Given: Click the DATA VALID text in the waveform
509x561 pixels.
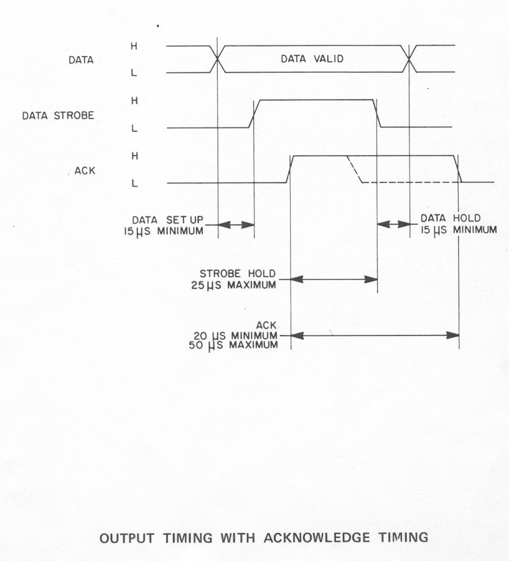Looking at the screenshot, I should [312, 59].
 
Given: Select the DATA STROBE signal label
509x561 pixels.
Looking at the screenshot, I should [58, 116].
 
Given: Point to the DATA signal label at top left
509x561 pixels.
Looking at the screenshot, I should [81, 60].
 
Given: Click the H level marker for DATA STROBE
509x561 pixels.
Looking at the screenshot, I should [134, 101].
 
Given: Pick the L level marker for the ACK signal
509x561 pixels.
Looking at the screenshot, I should [134, 183].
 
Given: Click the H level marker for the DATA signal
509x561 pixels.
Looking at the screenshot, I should [134, 46].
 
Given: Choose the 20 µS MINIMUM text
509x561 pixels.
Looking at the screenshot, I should [239, 334].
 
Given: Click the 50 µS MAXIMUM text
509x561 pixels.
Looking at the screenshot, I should [239, 344].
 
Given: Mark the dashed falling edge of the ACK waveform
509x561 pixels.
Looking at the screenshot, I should [354, 169].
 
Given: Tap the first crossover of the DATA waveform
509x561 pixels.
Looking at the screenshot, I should [218, 59].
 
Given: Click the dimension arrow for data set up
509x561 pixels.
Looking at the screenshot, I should [236, 224].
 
